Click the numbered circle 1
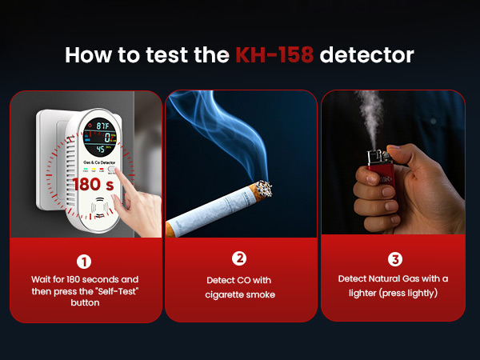(85, 261)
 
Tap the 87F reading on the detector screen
(102, 126)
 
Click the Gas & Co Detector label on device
(99, 162)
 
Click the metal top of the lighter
(374, 157)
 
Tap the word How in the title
(85, 56)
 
